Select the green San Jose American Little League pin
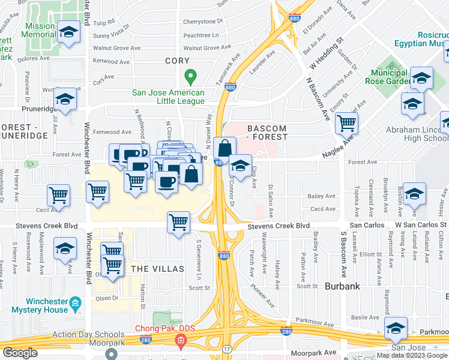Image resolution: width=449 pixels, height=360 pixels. tap(190, 77)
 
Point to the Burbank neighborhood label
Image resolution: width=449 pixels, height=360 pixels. tap(342, 286)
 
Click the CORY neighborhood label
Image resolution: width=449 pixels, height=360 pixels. tap(177, 61)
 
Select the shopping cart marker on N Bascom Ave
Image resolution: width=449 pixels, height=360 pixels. tap(347, 123)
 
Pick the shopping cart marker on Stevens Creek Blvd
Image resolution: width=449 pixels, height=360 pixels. tap(179, 221)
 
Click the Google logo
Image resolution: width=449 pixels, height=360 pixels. tap(20, 353)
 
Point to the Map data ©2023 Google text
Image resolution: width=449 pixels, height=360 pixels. tap(412, 355)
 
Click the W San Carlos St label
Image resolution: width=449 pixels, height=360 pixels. tap(420, 224)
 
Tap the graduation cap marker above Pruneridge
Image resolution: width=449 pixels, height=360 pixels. tap(65, 98)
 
